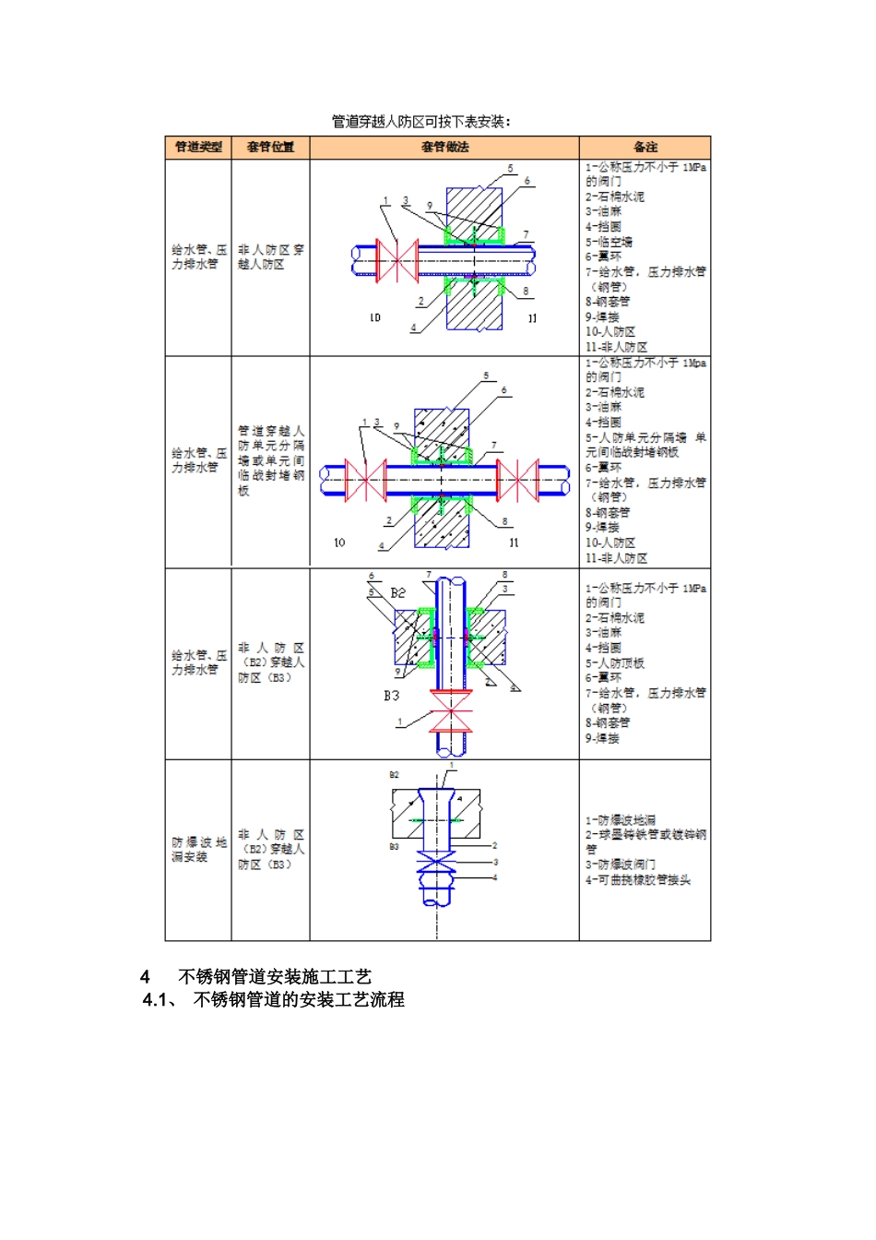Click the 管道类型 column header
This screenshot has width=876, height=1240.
(x=198, y=148)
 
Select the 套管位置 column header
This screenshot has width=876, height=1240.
(x=270, y=148)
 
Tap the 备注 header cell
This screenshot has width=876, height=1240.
(x=645, y=148)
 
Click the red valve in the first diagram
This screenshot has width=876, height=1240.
(x=397, y=261)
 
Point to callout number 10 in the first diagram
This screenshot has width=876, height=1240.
(x=375, y=318)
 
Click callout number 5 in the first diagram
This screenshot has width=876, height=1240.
(x=510, y=169)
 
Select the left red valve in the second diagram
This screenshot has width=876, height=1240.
(x=365, y=481)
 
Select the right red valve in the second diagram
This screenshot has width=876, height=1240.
(x=517, y=481)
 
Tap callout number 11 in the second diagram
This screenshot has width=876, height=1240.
(x=514, y=543)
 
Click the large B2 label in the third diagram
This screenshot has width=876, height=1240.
(x=397, y=593)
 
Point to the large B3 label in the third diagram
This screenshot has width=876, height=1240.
(x=392, y=696)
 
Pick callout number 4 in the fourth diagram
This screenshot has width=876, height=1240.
(x=495, y=877)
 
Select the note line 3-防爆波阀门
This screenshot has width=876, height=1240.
(x=621, y=865)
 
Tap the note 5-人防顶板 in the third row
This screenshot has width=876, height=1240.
(x=615, y=663)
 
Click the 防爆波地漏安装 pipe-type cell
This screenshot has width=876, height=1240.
(x=198, y=850)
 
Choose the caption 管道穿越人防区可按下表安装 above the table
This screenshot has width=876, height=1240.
(x=421, y=122)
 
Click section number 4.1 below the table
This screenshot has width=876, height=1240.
(x=159, y=1000)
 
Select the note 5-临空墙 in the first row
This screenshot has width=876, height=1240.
(x=609, y=242)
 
